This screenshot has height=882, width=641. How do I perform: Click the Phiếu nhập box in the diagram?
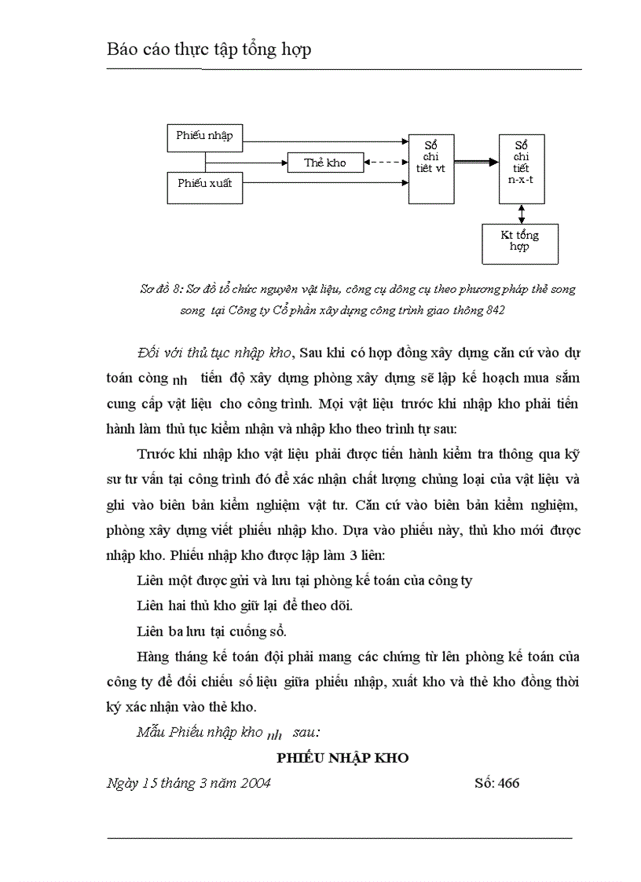point(205,136)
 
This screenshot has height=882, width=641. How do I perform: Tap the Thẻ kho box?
point(326,163)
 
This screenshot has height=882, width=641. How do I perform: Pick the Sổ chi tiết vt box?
point(431,169)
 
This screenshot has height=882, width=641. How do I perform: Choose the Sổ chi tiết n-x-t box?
point(522,169)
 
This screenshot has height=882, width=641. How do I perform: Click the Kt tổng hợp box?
point(520,242)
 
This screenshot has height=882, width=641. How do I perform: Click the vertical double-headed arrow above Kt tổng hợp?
point(522,213)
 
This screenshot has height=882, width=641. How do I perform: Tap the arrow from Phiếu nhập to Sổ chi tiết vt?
point(326,142)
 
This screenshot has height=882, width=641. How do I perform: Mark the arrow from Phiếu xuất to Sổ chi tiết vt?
point(326,184)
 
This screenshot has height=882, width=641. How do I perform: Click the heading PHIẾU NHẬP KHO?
point(342,759)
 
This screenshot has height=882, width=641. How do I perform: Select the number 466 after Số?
point(508,783)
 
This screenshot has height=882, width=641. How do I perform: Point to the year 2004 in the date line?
point(255,783)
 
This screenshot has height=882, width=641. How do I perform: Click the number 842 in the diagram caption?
point(495,309)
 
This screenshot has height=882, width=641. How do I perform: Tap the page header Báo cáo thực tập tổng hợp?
point(209,49)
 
